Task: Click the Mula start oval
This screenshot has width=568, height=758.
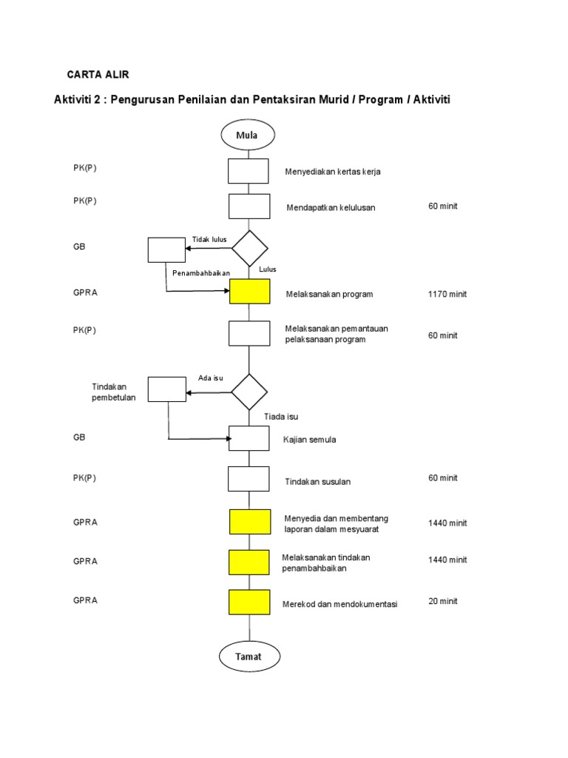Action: tap(247, 135)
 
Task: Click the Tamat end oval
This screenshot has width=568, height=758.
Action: tap(249, 657)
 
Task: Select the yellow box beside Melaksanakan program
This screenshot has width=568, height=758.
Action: tap(249, 292)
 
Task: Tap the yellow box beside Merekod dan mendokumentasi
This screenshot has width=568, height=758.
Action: tap(249, 603)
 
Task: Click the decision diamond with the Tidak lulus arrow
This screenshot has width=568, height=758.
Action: tap(249, 249)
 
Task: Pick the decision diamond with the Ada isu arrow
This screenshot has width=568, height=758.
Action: tap(249, 392)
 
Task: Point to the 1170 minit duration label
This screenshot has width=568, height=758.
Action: tap(447, 294)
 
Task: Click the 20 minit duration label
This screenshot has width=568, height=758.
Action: tap(443, 601)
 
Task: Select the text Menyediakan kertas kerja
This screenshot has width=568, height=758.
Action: tap(333, 172)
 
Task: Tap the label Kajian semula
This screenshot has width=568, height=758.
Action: tap(309, 440)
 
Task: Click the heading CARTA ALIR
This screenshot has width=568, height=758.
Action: tap(98, 75)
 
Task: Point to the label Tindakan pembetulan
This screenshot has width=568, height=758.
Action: tap(113, 392)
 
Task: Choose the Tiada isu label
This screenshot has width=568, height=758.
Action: tap(281, 417)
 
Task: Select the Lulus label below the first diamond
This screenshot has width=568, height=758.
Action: tap(268, 269)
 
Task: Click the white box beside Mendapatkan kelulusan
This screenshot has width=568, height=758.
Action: tap(249, 206)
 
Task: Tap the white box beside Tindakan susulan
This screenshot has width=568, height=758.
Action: tap(249, 479)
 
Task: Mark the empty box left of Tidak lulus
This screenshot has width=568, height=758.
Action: tap(166, 249)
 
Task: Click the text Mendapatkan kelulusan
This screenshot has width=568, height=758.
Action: tap(331, 208)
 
